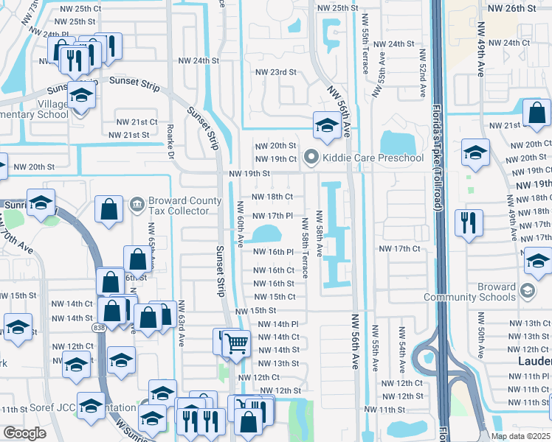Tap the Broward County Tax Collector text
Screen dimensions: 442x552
[184, 207]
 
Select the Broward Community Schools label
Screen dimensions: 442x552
[469, 292]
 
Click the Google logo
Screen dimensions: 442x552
[24, 433]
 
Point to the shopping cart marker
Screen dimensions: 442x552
[235, 343]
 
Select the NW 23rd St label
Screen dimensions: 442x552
[275, 72]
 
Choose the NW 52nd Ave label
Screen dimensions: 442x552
[424, 74]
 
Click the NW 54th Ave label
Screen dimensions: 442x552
[402, 355]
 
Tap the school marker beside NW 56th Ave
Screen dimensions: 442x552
[325, 124]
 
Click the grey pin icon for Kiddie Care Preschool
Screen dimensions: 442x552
[311, 158]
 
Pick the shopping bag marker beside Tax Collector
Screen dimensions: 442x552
[109, 208]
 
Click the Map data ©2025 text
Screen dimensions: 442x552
[520, 435]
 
